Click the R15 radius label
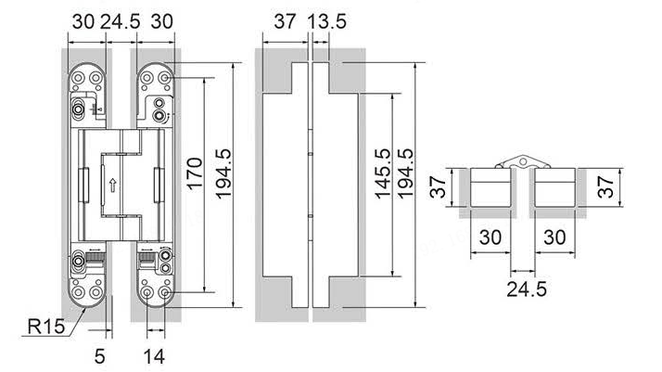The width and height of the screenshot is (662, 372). (x=45, y=327)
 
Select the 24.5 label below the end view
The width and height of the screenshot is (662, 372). (x=525, y=289)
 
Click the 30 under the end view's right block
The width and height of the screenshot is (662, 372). (x=554, y=237)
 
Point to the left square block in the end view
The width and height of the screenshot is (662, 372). (x=491, y=189)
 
